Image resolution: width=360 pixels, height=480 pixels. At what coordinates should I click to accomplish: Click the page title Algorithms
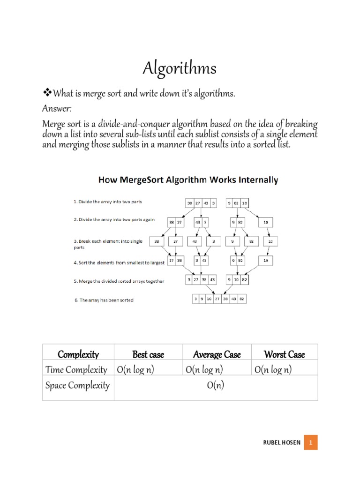pyautogui.click(x=180, y=69)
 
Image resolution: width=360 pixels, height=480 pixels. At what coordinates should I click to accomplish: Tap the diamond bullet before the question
pyautogui.click(x=46, y=94)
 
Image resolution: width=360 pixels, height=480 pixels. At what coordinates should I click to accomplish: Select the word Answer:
pyautogui.click(x=57, y=109)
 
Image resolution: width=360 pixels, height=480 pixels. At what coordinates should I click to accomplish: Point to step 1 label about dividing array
pyautogui.click(x=107, y=202)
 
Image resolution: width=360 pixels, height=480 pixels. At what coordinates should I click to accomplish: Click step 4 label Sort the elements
pyautogui.click(x=119, y=263)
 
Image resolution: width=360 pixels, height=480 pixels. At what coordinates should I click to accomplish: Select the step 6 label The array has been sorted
pyautogui.click(x=104, y=300)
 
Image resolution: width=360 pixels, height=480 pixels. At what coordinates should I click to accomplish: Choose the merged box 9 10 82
pyautogui.click(x=238, y=280)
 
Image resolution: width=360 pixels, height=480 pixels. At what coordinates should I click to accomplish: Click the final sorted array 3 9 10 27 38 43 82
pyautogui.click(x=219, y=299)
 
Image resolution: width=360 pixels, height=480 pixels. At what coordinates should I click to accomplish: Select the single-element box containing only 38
pyautogui.click(x=156, y=242)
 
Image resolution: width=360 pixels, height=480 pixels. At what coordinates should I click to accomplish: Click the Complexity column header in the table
pyautogui.click(x=78, y=354)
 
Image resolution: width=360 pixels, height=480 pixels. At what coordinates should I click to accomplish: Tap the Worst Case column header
pyautogui.click(x=284, y=354)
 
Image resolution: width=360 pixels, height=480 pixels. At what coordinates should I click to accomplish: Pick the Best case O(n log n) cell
pyautogui.click(x=135, y=370)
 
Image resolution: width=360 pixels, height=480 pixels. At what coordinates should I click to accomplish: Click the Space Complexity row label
pyautogui.click(x=77, y=386)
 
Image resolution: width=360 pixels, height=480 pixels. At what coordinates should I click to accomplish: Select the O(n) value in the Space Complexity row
pyautogui.click(x=216, y=386)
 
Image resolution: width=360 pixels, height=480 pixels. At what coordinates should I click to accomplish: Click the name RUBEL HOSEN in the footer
pyautogui.click(x=281, y=443)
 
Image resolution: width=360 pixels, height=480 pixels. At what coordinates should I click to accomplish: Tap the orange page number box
pyautogui.click(x=311, y=443)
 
